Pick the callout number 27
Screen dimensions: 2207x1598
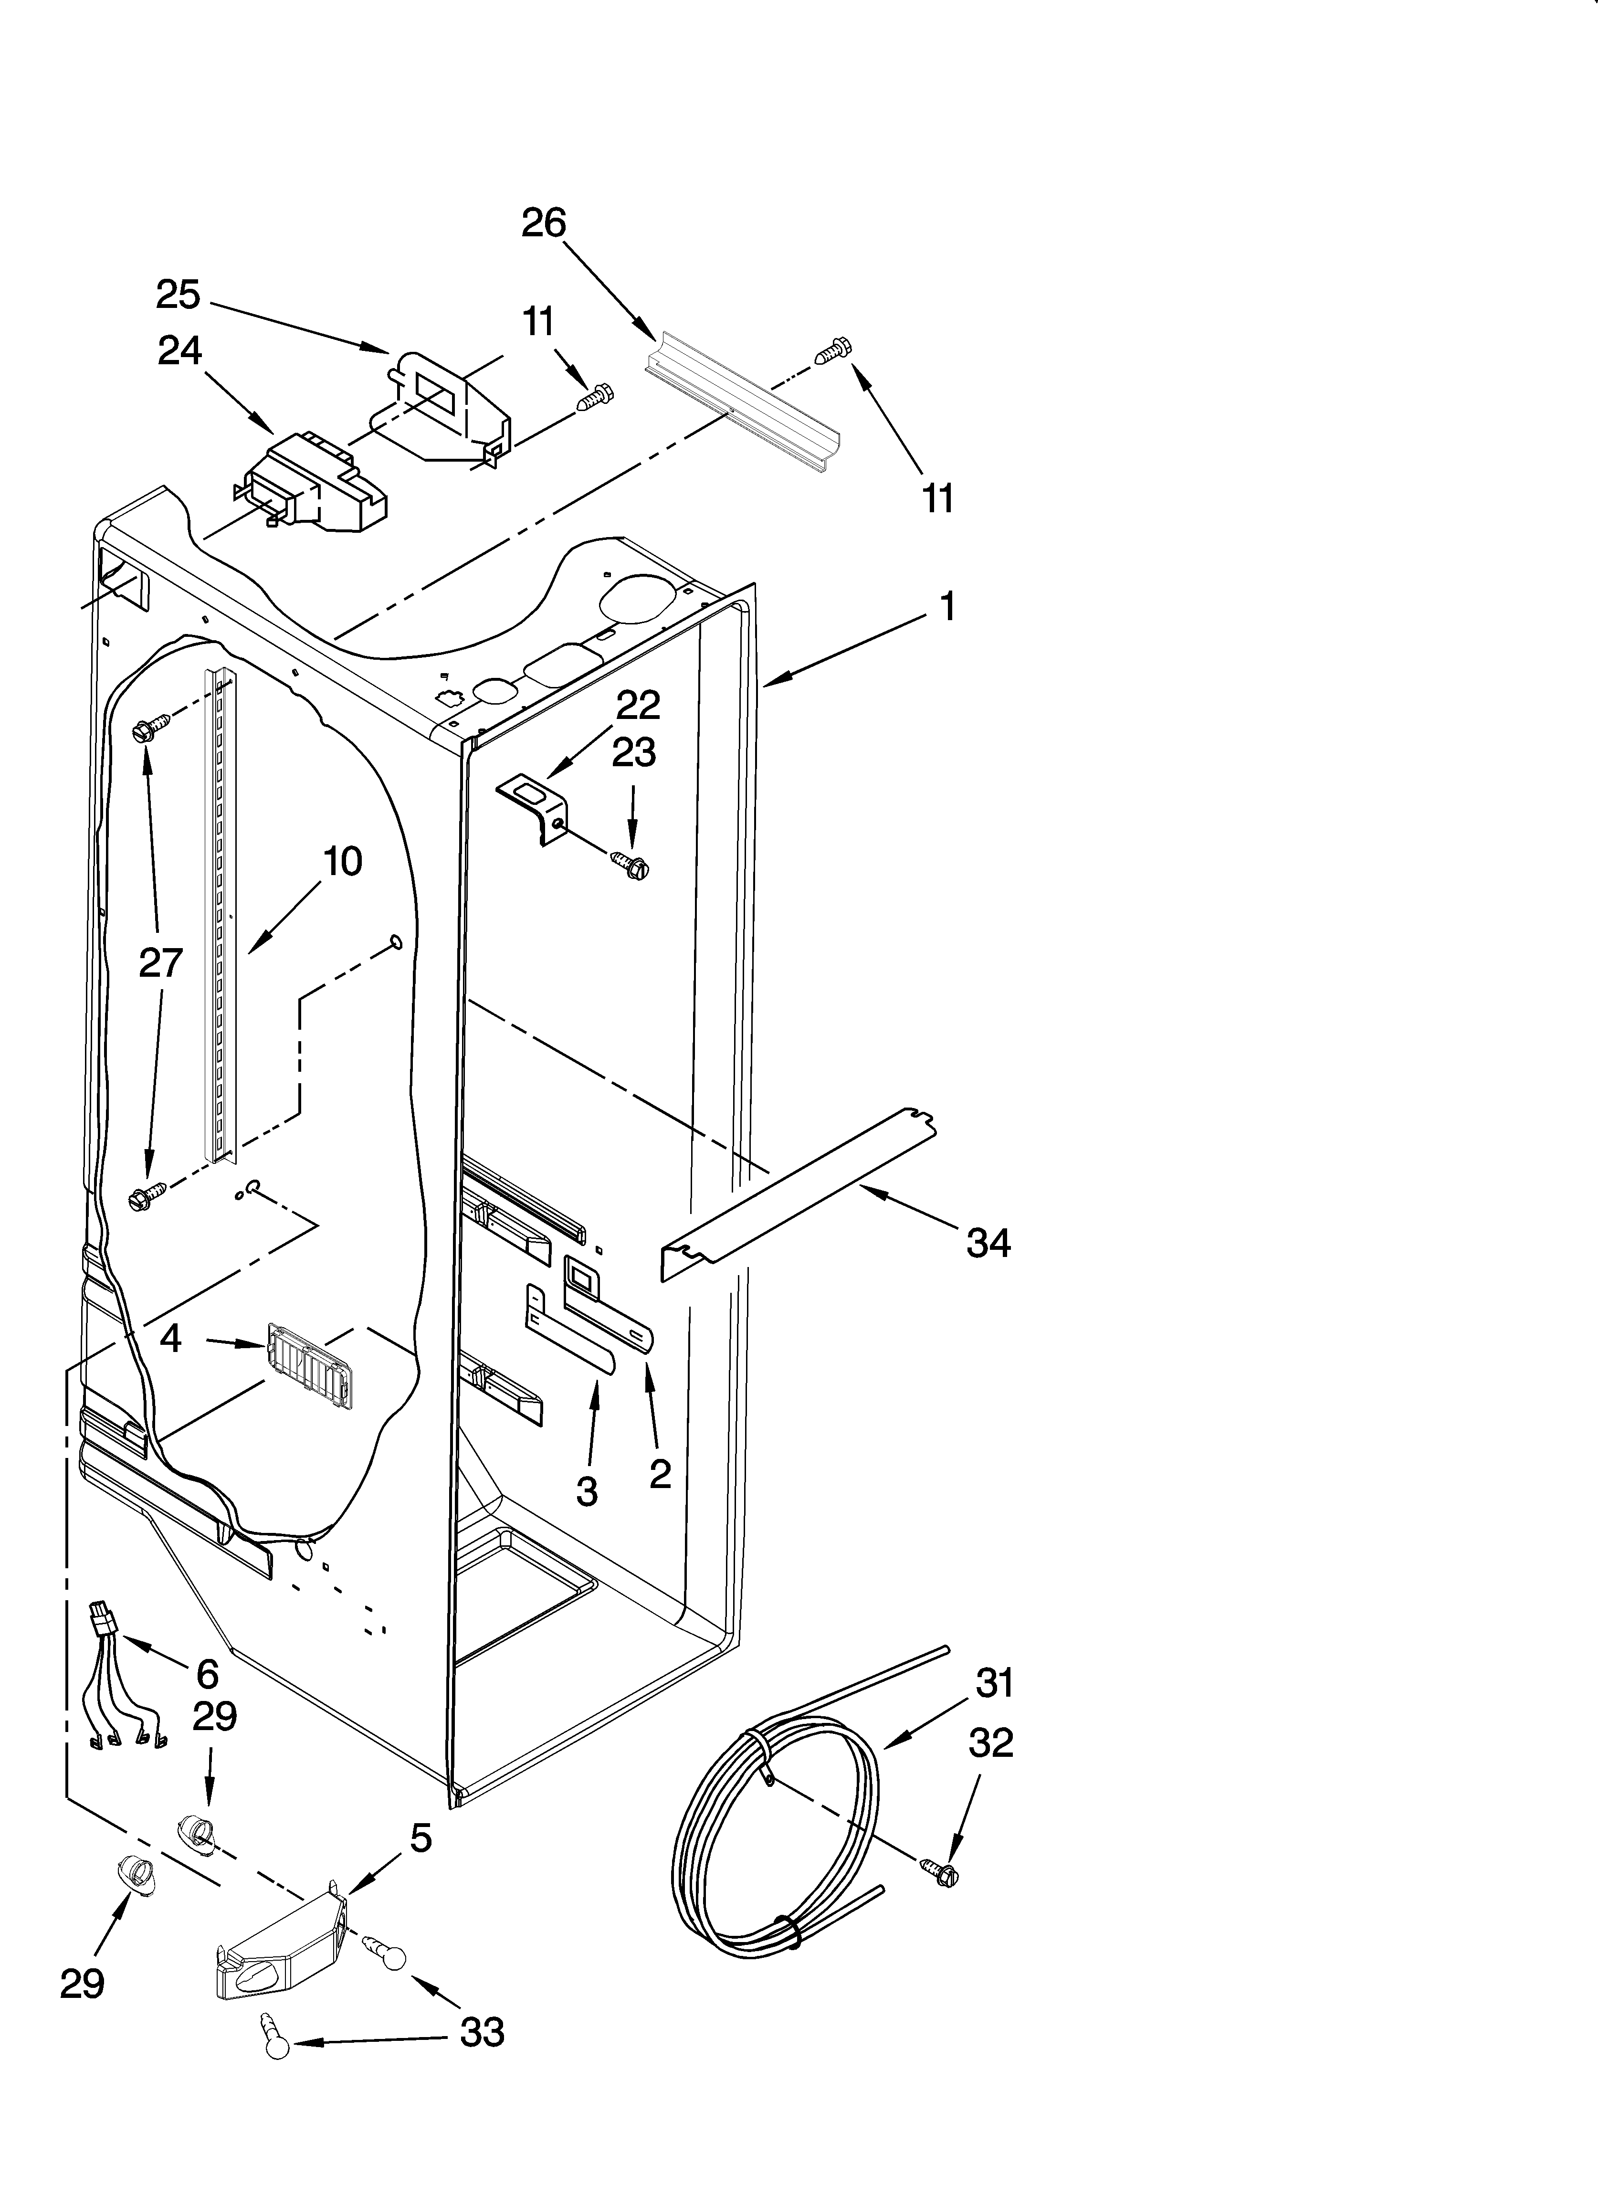pos(160,962)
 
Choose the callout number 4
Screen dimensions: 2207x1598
pos(170,1339)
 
